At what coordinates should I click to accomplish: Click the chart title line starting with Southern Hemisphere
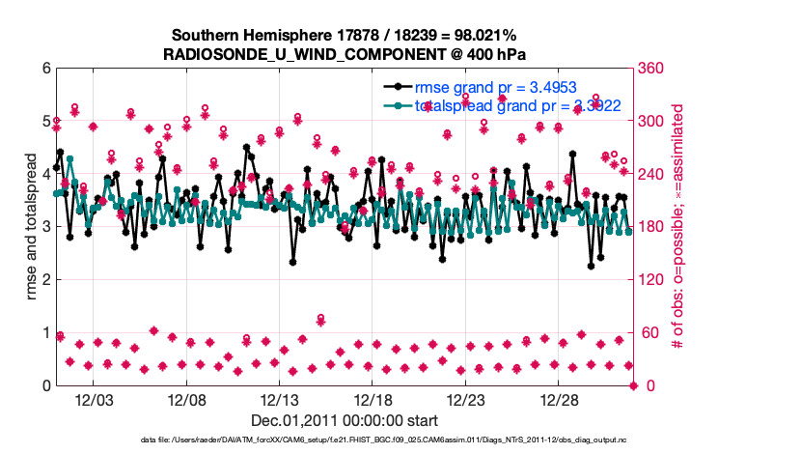point(345,36)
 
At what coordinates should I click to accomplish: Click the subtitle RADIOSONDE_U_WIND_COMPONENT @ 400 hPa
point(345,54)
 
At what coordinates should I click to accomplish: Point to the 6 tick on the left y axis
point(46,69)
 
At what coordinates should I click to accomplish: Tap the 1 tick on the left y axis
point(46,333)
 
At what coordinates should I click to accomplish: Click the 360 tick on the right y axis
point(649,69)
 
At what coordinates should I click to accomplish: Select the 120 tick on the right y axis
point(649,280)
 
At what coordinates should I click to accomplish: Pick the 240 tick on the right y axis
point(649,174)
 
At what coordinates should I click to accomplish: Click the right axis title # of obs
point(678,228)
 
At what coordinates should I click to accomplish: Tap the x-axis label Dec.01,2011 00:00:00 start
point(345,420)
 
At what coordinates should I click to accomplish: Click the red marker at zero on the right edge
point(634,385)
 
